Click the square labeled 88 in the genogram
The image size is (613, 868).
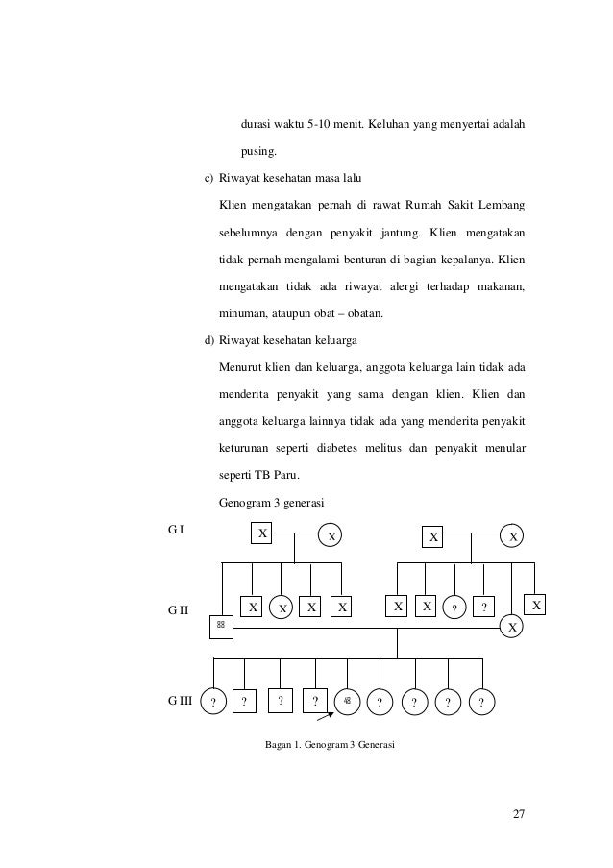pyautogui.click(x=221, y=626)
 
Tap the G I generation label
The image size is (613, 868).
pyautogui.click(x=175, y=529)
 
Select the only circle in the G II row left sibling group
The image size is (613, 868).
pyautogui.click(x=282, y=608)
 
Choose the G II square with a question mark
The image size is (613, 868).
pyautogui.click(x=485, y=607)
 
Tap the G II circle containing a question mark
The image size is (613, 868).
pyautogui.click(x=455, y=608)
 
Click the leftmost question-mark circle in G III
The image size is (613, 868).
pyautogui.click(x=212, y=701)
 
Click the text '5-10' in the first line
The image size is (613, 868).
pyautogui.click(x=317, y=125)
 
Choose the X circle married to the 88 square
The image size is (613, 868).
pyautogui.click(x=513, y=626)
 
